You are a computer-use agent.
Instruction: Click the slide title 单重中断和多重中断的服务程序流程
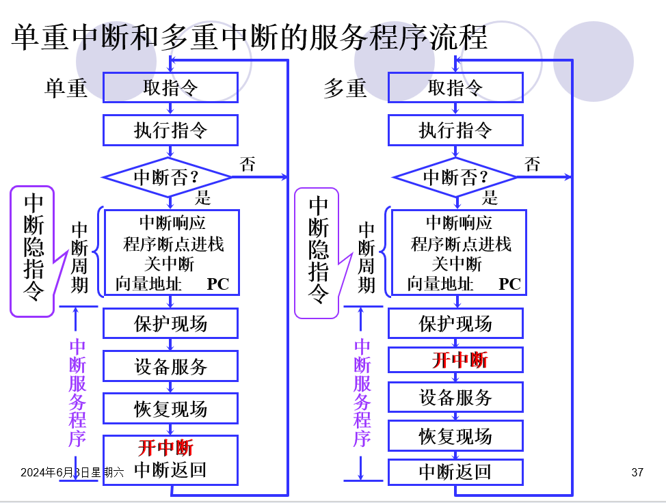[249, 38]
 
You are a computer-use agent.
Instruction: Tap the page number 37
[637, 472]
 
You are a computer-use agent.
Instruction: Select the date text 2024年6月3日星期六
[72, 472]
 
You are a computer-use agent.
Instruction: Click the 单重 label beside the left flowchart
[66, 88]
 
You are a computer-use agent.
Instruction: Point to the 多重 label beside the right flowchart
[345, 88]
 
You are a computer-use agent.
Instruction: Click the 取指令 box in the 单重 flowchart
[170, 87]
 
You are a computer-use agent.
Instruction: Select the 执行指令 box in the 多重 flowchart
[455, 130]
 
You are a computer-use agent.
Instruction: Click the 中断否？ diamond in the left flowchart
[167, 177]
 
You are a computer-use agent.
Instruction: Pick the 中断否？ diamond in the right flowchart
[455, 177]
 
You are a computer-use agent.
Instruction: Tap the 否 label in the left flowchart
[248, 164]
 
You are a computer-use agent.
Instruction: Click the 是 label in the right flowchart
[490, 198]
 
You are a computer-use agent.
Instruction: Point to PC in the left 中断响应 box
[218, 284]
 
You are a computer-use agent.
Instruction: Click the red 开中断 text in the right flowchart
[459, 360]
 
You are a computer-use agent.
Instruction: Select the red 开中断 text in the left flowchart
[165, 448]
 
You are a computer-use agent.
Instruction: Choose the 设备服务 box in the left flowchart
[170, 366]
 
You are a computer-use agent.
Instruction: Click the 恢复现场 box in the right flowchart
[455, 436]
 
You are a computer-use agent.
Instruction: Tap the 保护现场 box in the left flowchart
[170, 323]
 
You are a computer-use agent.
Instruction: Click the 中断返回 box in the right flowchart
[455, 472]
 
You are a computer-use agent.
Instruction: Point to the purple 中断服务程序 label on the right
[362, 393]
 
